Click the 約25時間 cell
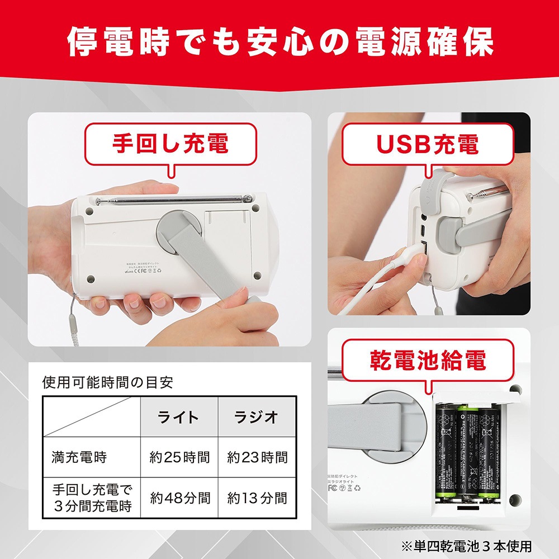179,457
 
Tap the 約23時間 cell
257,457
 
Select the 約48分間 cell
179,498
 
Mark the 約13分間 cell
257,498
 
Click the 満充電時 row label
79,457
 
